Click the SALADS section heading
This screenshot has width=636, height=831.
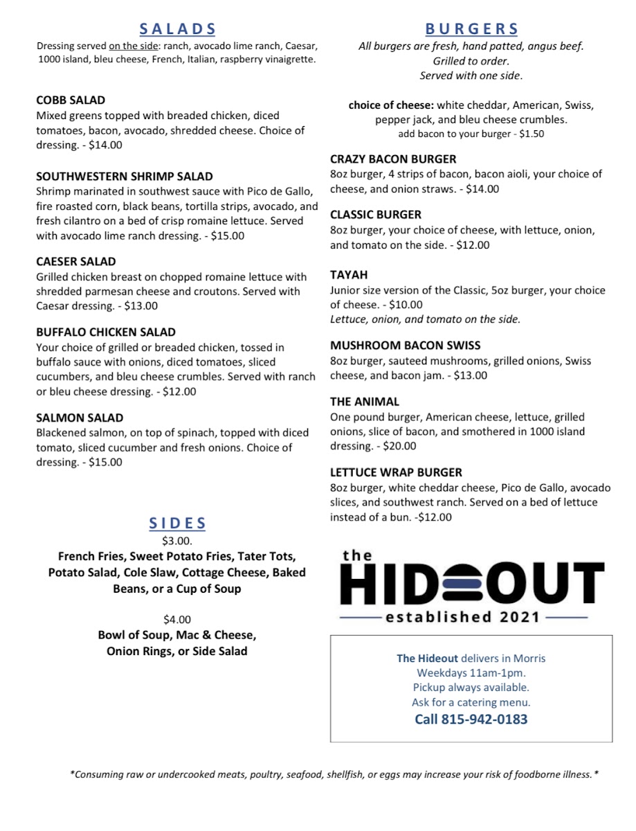click(x=177, y=29)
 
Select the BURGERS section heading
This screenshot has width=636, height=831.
click(x=471, y=29)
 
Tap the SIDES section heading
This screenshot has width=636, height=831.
click(x=177, y=524)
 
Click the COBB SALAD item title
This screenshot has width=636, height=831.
click(x=71, y=100)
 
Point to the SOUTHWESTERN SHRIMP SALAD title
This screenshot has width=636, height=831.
click(x=125, y=177)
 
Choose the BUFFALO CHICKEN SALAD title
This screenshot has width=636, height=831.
click(x=106, y=332)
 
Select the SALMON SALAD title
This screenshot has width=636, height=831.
click(x=80, y=418)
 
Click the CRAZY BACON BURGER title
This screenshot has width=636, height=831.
click(x=393, y=159)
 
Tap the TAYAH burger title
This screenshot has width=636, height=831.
click(x=349, y=275)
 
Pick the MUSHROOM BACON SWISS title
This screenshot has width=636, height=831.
click(x=405, y=346)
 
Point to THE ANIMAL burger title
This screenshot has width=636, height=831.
click(x=365, y=402)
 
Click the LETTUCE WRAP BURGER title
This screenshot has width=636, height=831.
click(x=396, y=472)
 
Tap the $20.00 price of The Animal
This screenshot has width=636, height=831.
click(x=399, y=447)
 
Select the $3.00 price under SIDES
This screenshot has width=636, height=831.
click(x=176, y=541)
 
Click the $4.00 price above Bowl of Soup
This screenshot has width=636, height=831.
click(x=176, y=619)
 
